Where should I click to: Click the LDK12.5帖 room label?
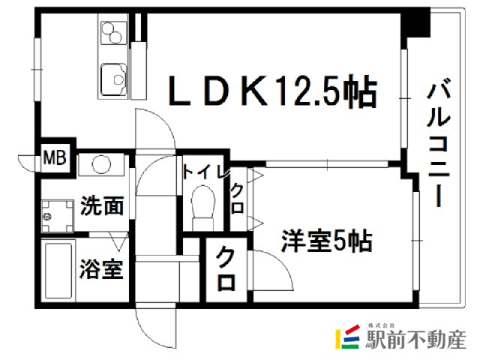[x=272, y=91]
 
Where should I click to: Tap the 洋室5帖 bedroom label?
[x=327, y=241]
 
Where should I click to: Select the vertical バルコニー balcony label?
[x=439, y=142]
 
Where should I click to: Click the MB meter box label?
[x=55, y=158]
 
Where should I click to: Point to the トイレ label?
[x=206, y=172]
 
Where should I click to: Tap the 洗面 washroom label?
[x=102, y=205]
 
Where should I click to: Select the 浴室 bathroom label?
[x=101, y=269]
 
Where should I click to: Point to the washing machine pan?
[x=58, y=216]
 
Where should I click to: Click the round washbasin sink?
[x=101, y=165]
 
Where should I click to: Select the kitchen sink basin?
[x=114, y=79]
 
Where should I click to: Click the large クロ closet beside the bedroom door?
[x=226, y=269]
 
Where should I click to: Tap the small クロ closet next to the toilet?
[x=238, y=198]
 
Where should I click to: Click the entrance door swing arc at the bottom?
[x=156, y=327]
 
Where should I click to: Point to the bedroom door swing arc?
[x=271, y=270]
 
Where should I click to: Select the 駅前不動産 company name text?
[x=415, y=340]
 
